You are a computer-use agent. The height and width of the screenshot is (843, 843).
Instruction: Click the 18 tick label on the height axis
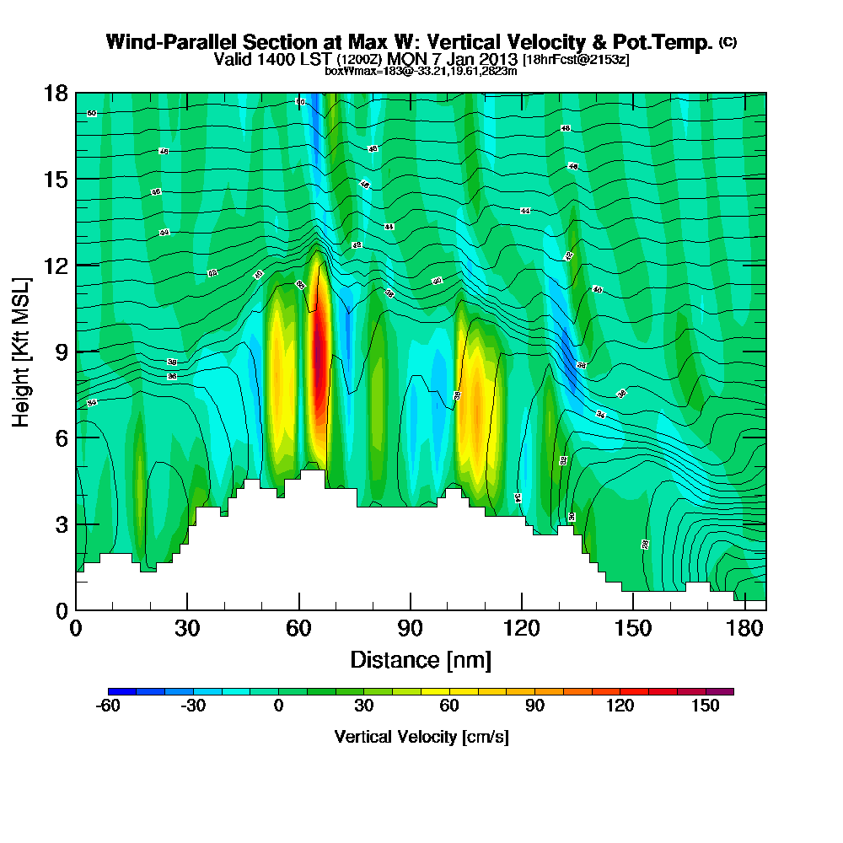pyautogui.click(x=56, y=93)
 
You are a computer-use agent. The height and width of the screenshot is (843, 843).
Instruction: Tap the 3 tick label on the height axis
pyautogui.click(x=61, y=524)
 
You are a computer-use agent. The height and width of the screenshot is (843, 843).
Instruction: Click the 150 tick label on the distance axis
pyautogui.click(x=633, y=630)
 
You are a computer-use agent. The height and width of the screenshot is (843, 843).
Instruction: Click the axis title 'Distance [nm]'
pyautogui.click(x=421, y=659)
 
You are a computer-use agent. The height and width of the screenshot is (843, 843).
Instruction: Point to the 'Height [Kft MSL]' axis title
pyautogui.click(x=20, y=351)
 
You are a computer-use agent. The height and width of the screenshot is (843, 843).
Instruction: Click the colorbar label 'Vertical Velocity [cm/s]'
pyautogui.click(x=421, y=737)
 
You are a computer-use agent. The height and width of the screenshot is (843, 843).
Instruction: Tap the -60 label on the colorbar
pyautogui.click(x=109, y=706)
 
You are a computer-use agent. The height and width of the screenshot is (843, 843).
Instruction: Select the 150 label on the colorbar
pyautogui.click(x=705, y=706)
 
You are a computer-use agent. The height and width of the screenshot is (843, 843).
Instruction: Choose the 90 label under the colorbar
pyautogui.click(x=534, y=706)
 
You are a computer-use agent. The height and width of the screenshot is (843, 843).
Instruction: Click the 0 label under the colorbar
pyautogui.click(x=278, y=706)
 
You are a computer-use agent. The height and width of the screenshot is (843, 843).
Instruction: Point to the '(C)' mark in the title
pyautogui.click(x=728, y=42)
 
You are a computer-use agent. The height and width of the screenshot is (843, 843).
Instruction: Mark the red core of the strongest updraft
pyautogui.click(x=319, y=354)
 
